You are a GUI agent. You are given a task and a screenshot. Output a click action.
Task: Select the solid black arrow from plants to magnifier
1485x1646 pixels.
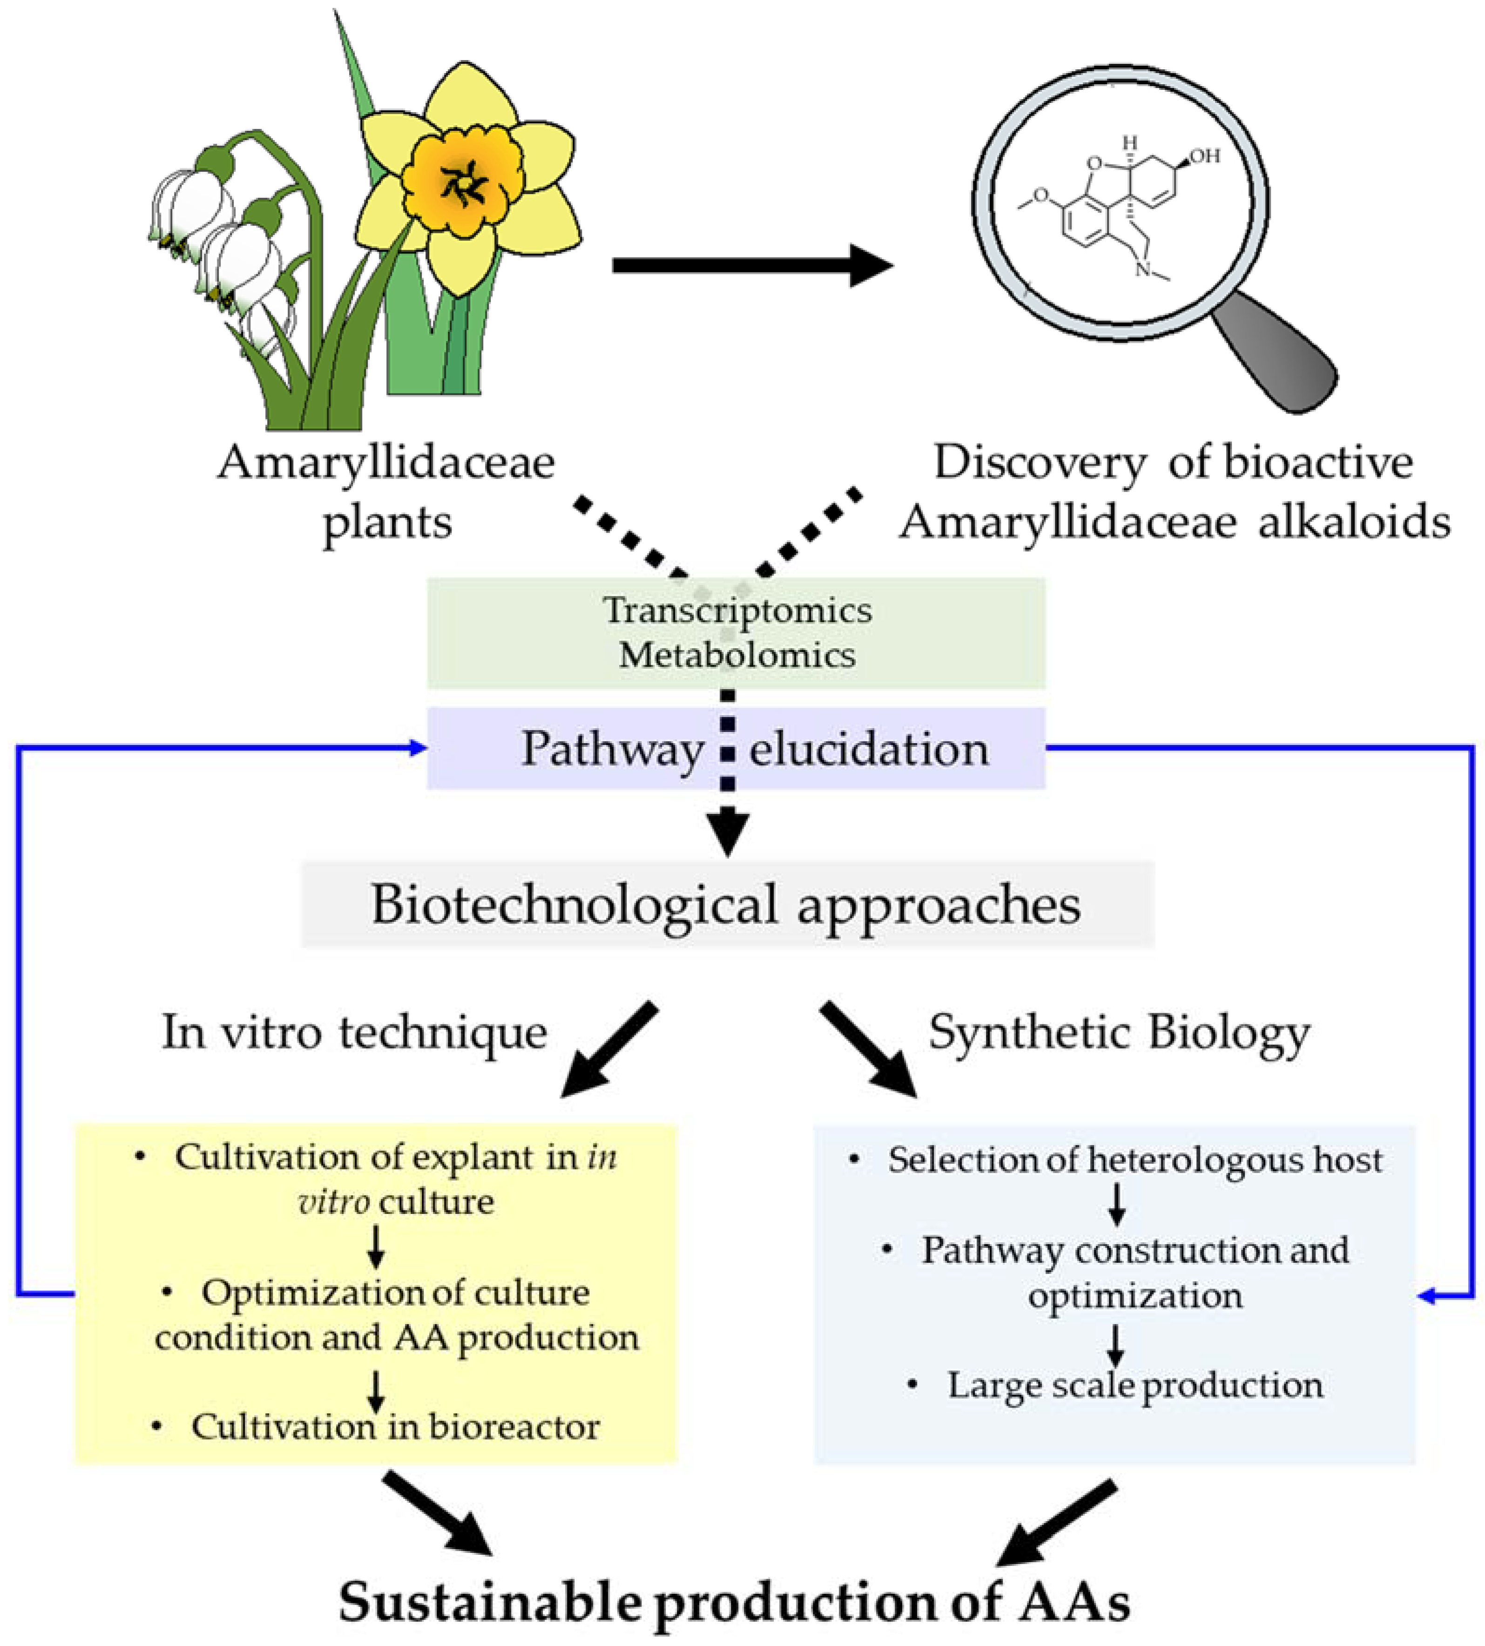[751, 265]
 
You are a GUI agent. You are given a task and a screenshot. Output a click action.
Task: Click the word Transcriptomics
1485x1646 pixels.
[737, 610]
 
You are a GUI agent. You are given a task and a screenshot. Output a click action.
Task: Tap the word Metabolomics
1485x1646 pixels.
[737, 655]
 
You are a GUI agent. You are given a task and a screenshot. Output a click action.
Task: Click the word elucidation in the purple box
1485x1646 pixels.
[869, 748]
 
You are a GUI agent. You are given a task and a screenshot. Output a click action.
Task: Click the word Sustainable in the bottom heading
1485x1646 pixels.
[490, 1602]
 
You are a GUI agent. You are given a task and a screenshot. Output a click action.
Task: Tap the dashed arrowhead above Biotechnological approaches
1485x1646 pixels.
[728, 833]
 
